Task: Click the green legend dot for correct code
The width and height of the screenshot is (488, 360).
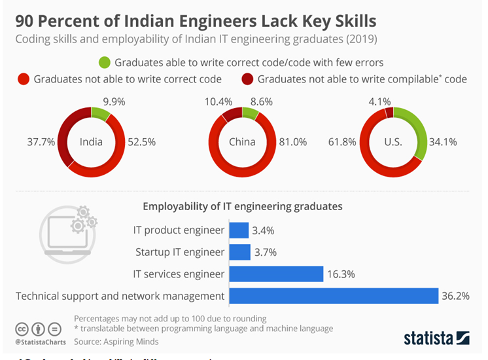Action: click(x=105, y=63)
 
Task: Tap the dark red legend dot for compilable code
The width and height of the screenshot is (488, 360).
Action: click(x=249, y=79)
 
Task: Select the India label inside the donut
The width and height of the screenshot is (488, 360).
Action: click(x=92, y=141)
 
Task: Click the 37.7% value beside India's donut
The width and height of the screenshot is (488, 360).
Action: click(x=41, y=141)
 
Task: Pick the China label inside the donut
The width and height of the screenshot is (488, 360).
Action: click(x=241, y=141)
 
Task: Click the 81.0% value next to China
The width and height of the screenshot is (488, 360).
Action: click(x=293, y=141)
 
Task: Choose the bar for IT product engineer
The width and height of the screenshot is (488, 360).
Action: click(x=239, y=230)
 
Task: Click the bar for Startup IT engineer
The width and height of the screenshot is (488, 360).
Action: click(x=239, y=252)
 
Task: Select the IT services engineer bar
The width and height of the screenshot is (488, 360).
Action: click(x=276, y=274)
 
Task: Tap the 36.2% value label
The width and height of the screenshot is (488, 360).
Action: click(x=455, y=296)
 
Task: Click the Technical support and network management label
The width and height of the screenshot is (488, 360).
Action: click(x=120, y=296)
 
